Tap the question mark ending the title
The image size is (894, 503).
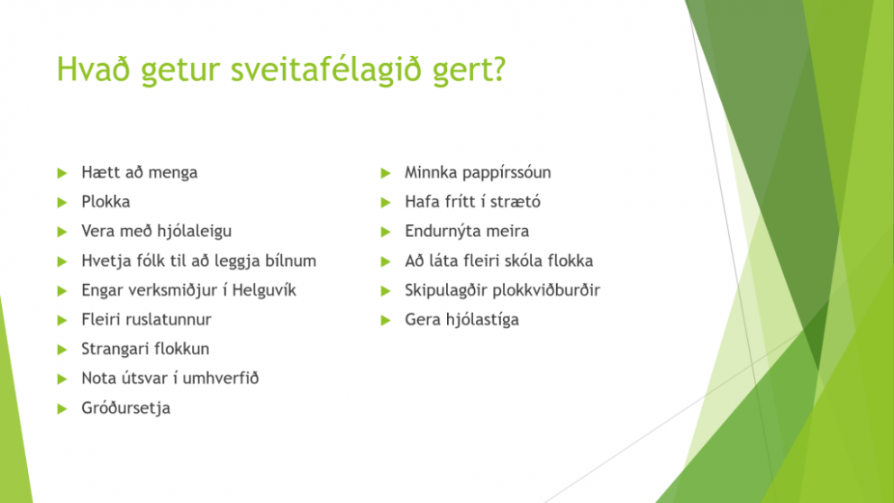tap(498, 68)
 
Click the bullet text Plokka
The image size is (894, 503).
tap(105, 201)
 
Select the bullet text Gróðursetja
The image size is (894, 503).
tap(126, 408)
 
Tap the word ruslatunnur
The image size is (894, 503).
tap(175, 319)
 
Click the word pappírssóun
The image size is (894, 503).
tap(506, 173)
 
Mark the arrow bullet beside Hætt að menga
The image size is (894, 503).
tap(62, 173)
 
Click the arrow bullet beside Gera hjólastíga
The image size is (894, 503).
tap(386, 320)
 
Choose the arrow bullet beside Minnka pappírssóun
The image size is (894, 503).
tap(386, 173)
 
